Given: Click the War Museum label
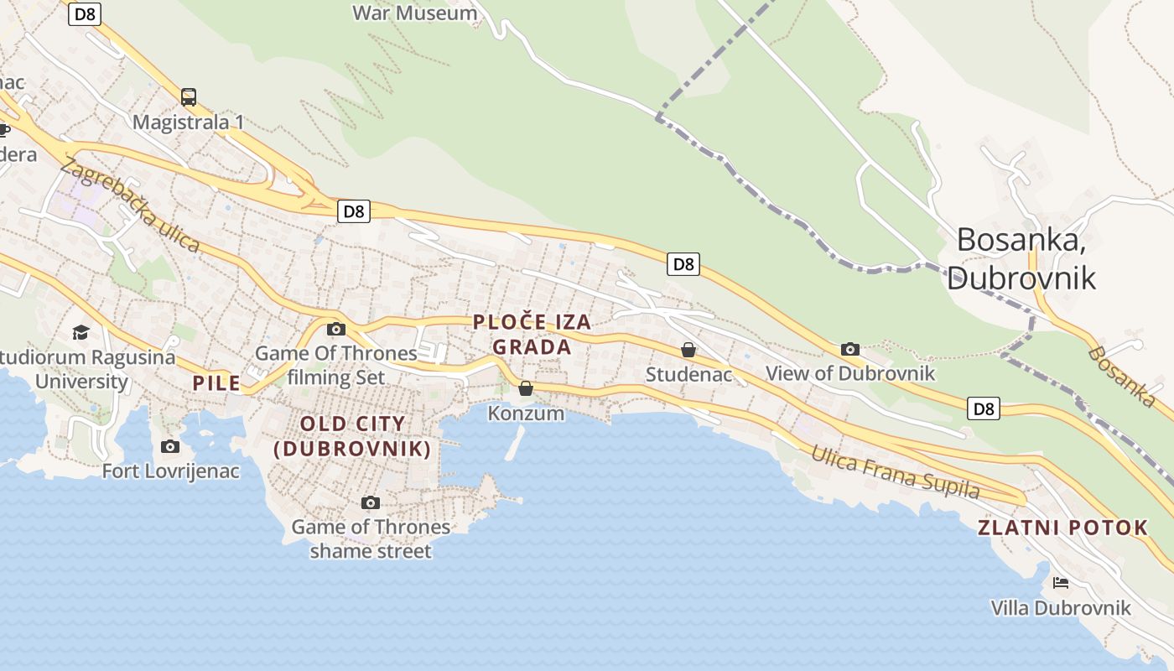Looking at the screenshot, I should click(x=414, y=13).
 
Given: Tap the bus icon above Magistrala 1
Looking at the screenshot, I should click(x=189, y=96).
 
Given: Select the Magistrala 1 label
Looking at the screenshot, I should click(x=189, y=122).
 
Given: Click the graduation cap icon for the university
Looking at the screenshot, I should click(x=81, y=332).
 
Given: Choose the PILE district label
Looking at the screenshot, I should click(x=216, y=384).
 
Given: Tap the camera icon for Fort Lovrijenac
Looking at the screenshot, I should click(x=170, y=446).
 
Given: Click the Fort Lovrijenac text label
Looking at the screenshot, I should click(x=171, y=471).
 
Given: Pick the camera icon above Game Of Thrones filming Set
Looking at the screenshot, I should click(x=336, y=329).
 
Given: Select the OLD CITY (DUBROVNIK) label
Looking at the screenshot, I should click(x=352, y=436).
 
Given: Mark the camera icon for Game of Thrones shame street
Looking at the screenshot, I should click(x=371, y=502).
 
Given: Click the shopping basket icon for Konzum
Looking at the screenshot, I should click(x=526, y=388).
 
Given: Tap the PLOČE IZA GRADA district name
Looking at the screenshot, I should click(x=532, y=334).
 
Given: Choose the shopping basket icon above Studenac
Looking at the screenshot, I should click(x=688, y=350).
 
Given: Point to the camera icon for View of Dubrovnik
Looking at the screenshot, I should click(x=850, y=349).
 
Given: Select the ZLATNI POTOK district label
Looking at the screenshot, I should click(x=1062, y=528).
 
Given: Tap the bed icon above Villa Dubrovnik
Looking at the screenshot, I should click(x=1061, y=582).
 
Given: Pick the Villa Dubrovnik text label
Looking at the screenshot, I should click(x=1061, y=608).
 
